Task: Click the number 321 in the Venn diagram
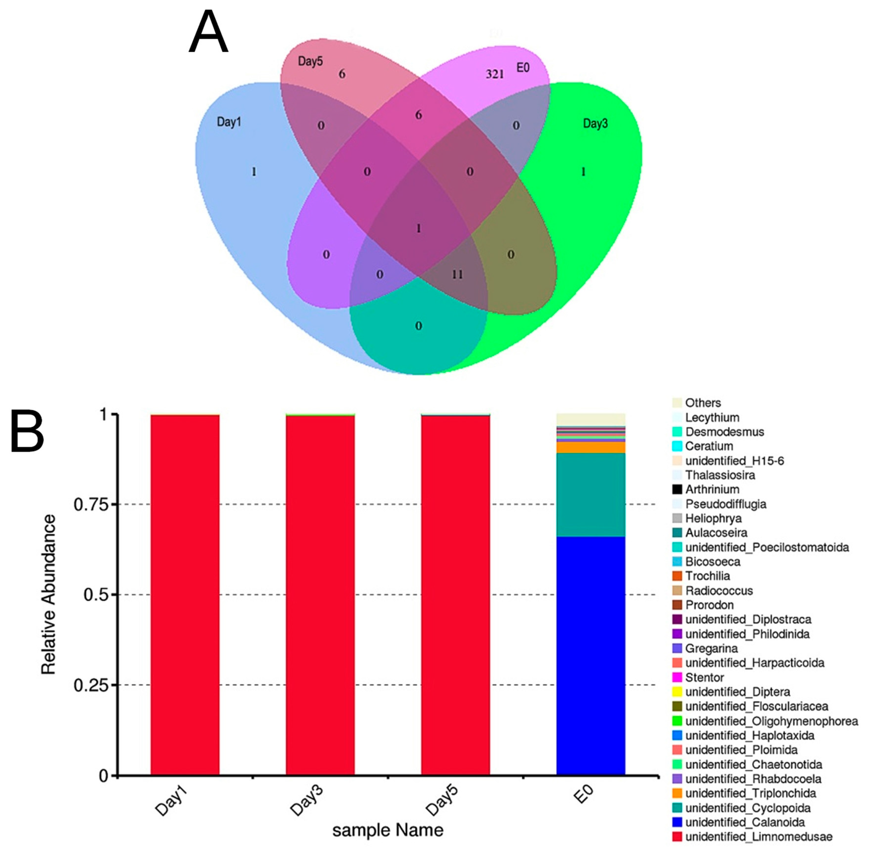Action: pyautogui.click(x=494, y=74)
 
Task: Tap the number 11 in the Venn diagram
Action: pyautogui.click(x=457, y=274)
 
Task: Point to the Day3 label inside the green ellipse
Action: pyautogui.click(x=595, y=124)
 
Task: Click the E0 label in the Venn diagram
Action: pyautogui.click(x=523, y=68)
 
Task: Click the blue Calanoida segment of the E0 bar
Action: pyautogui.click(x=591, y=656)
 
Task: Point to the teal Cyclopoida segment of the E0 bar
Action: pyautogui.click(x=591, y=494)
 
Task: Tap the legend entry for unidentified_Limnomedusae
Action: pyautogui.click(x=758, y=837)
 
